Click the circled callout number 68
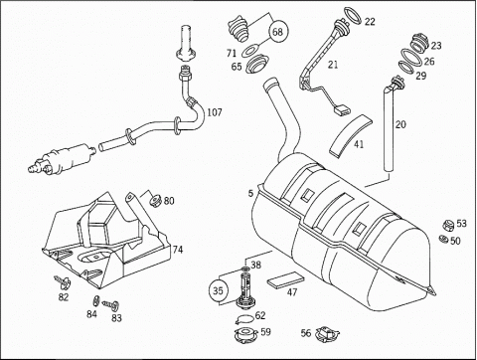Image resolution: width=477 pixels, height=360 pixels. point(278,32)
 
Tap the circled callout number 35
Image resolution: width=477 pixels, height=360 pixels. point(218,290)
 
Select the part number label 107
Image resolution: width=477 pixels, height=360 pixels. point(215,112)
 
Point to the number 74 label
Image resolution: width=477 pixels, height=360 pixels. point(178,250)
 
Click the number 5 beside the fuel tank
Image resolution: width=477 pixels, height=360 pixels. point(250,193)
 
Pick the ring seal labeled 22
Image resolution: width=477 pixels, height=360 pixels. point(353,16)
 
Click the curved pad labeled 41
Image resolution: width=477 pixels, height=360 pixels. point(350,136)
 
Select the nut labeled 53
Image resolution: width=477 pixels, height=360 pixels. point(448,226)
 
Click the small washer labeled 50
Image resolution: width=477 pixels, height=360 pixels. point(443,239)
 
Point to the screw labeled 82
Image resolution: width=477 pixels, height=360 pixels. point(63,281)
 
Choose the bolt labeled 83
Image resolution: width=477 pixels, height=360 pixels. point(111,304)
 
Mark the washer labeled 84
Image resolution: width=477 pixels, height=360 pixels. point(95,301)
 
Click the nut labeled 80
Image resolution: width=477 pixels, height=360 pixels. point(156,201)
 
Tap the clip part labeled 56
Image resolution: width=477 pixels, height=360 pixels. point(327,334)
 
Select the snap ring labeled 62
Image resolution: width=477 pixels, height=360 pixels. point(244,319)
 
